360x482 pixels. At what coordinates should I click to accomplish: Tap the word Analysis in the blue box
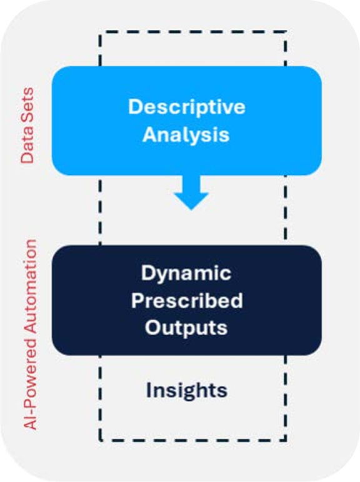186,134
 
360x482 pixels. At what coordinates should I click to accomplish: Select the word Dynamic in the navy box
186,273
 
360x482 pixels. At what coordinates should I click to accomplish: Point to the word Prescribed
187,300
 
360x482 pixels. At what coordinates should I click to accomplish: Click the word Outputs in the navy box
186,328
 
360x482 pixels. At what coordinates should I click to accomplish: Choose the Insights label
187,390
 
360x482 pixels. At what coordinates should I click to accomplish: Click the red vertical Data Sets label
27,125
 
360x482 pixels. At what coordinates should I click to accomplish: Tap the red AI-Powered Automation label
30,335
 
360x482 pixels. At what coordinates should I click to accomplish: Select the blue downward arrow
191,192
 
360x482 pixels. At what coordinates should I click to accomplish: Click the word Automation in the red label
30,287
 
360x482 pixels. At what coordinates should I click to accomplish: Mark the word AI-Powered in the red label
30,383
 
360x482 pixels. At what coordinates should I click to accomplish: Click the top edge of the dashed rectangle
193,32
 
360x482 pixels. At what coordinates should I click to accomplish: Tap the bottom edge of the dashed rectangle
193,440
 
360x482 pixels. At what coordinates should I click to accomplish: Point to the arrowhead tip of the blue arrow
191,210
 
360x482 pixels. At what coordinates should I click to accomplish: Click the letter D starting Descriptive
134,107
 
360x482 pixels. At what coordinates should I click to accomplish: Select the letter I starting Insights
148,390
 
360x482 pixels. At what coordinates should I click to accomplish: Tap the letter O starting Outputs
152,327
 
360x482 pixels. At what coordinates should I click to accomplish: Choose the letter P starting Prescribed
137,300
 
